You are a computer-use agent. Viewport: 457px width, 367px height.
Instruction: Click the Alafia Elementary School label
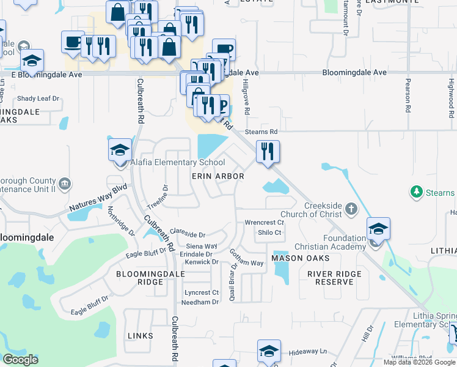click(177, 163)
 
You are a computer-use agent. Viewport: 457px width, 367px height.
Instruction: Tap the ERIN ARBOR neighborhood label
click(218, 176)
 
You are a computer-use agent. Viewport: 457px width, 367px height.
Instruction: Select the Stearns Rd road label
click(261, 132)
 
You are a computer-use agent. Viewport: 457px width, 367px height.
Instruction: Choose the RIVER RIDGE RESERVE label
click(331, 278)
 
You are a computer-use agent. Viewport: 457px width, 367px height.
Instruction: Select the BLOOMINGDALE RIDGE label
click(140, 278)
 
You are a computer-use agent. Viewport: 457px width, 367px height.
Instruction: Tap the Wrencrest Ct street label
click(264, 222)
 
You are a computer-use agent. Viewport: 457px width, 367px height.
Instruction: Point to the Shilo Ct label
click(269, 233)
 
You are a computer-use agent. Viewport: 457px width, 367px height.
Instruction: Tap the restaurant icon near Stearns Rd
click(268, 152)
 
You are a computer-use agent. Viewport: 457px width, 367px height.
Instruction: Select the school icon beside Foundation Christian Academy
click(378, 229)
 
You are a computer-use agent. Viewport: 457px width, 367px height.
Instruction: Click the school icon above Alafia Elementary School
click(120, 149)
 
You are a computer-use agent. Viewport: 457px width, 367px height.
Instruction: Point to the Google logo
click(20, 360)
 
